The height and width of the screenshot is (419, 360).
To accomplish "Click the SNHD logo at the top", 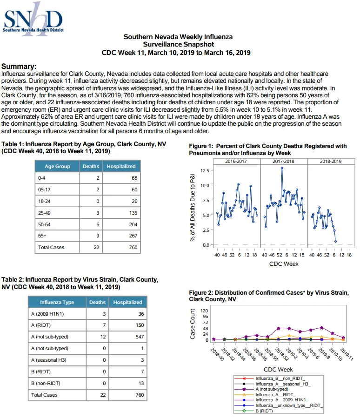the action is [33, 19].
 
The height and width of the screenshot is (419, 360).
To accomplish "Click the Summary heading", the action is [19, 66].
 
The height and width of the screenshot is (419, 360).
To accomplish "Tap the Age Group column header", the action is [57, 166].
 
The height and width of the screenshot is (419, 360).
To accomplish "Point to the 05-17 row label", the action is [44, 189].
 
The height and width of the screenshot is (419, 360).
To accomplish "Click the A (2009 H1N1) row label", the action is [47, 314].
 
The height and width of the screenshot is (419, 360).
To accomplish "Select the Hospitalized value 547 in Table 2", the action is [140, 337].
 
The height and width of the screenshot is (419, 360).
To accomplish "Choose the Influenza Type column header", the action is [57, 302].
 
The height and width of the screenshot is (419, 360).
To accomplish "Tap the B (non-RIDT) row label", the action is [46, 383].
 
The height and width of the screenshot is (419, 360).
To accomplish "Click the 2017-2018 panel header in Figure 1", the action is [283, 161].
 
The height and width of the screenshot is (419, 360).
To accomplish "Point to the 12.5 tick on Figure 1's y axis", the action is [205, 170].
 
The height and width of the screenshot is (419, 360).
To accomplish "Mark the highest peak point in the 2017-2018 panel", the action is [282, 168].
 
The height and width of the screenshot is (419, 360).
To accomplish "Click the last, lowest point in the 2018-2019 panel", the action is [335, 241].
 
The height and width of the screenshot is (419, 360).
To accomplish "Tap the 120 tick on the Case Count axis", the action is [204, 311].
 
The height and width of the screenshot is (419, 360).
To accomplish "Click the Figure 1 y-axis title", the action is [193, 208].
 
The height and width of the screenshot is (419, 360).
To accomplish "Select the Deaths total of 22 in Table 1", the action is [96, 248].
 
